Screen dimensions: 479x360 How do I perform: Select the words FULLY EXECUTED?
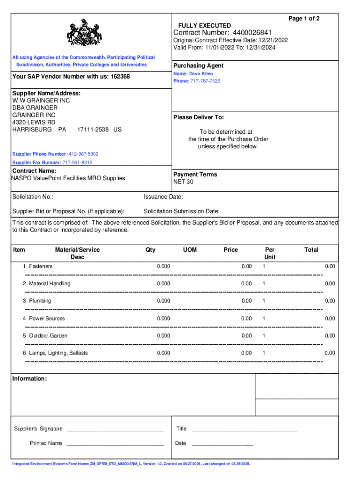coord(204,25)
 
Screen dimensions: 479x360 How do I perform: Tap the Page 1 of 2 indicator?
coord(304,19)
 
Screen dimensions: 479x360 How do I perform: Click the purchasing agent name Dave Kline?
coord(201,74)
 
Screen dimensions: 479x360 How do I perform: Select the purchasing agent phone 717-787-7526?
coord(205,81)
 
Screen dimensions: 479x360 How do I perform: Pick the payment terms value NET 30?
coord(183,182)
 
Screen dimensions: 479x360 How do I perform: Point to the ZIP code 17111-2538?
coord(93,129)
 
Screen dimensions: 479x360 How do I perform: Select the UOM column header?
coord(190,250)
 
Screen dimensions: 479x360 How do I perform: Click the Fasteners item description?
coord(41,266)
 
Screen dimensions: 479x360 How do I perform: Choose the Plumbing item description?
coord(40,301)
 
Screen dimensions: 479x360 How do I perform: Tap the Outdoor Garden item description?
coord(48,335)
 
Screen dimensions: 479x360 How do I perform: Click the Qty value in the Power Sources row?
coord(163,318)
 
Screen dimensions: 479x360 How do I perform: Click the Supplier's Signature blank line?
coord(115,429)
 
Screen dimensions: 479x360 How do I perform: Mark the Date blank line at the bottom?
coord(223,444)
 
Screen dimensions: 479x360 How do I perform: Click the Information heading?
coord(29,378)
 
